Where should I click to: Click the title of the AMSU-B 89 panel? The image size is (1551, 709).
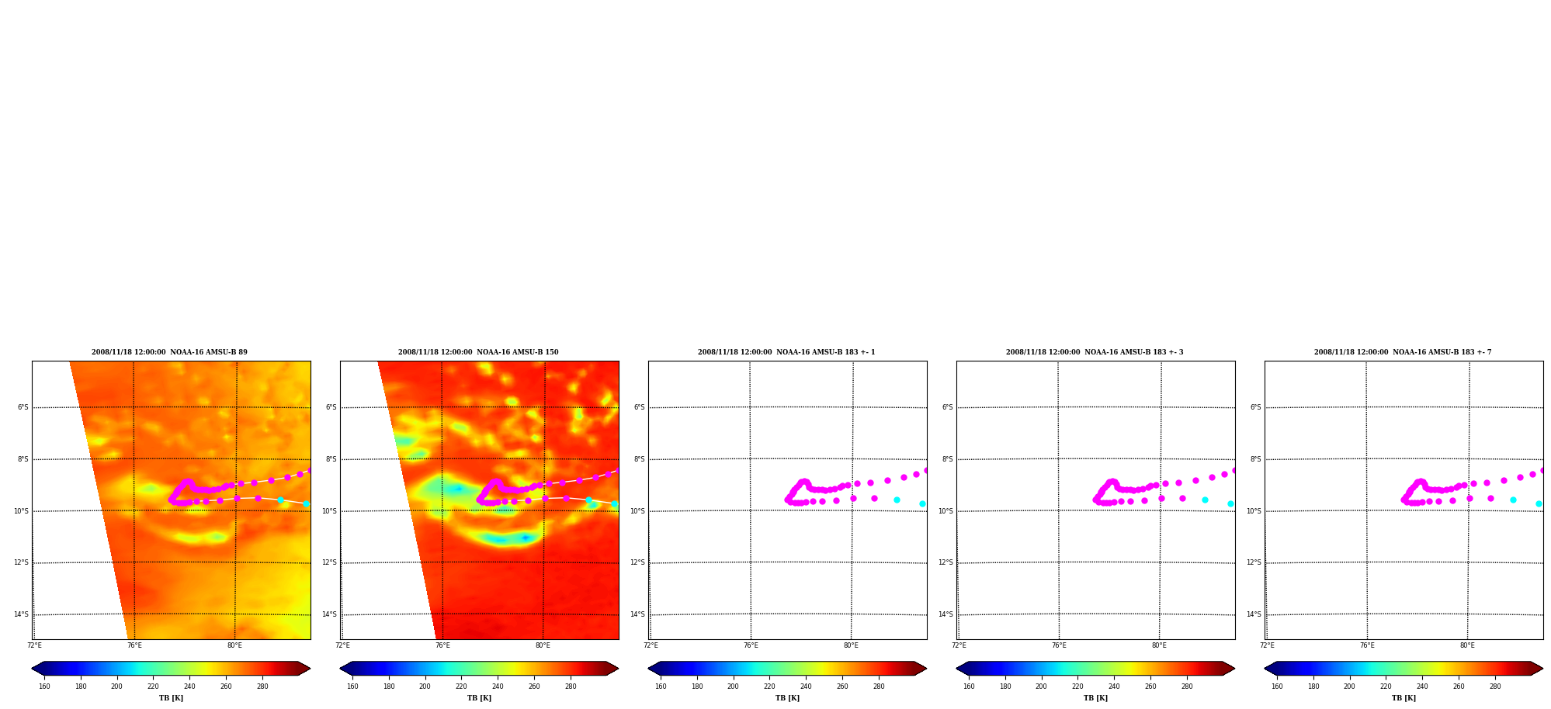pyautogui.click(x=169, y=352)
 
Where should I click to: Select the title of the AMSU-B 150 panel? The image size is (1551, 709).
pyautogui.click(x=478, y=352)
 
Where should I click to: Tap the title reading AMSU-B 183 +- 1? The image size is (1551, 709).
pyautogui.click(x=786, y=352)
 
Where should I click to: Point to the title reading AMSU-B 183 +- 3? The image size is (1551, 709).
pyautogui.click(x=1095, y=352)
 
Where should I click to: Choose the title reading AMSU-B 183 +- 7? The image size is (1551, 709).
pyautogui.click(x=1403, y=352)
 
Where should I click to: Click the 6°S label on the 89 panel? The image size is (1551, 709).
pyautogui.click(x=23, y=407)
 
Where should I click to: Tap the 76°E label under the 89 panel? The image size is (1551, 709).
pyautogui.click(x=134, y=645)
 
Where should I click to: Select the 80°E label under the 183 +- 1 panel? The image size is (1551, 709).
pyautogui.click(x=851, y=645)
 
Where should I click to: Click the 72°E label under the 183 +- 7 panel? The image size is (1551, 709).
pyautogui.click(x=1267, y=645)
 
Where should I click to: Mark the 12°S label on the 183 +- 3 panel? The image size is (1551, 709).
pyautogui.click(x=946, y=562)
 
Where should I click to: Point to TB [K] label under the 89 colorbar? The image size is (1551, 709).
pyautogui.click(x=171, y=698)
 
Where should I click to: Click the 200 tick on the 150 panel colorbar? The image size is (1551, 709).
pyautogui.click(x=425, y=686)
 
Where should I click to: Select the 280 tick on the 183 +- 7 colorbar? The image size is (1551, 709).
pyautogui.click(x=1495, y=686)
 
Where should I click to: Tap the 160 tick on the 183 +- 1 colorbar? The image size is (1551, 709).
pyautogui.click(x=661, y=686)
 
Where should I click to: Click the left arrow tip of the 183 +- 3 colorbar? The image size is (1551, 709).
pyautogui.click(x=956, y=669)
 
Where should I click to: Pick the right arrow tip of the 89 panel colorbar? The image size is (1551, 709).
pyautogui.click(x=311, y=669)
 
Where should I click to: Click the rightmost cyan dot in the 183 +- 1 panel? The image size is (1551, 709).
pyautogui.click(x=922, y=503)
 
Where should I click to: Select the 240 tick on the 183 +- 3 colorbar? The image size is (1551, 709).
pyautogui.click(x=1114, y=686)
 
